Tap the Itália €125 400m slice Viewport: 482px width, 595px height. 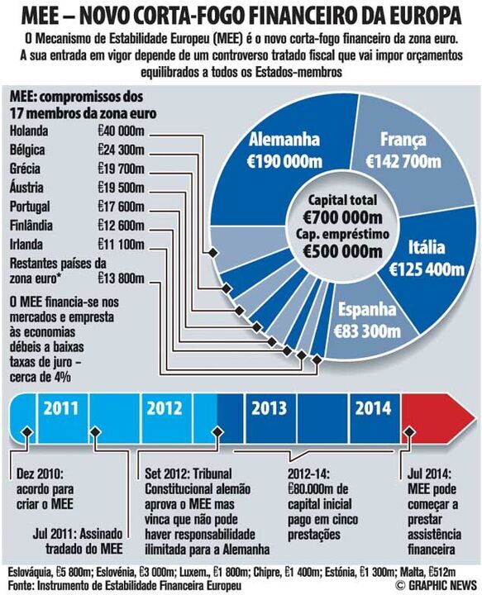427,258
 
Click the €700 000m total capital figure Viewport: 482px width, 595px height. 342,217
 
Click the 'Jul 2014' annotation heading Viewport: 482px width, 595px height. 430,475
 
